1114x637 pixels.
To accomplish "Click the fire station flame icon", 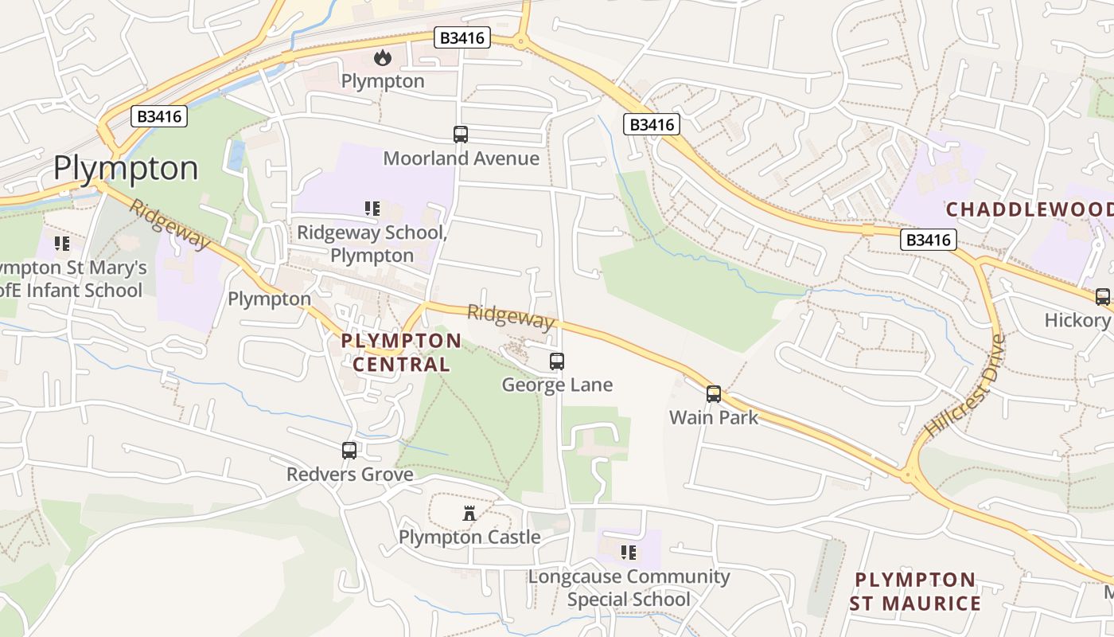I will [383, 57].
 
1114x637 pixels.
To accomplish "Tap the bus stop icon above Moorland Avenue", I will [461, 135].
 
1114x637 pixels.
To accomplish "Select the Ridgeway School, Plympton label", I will [372, 244].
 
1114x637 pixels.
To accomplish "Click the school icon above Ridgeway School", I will [372, 209].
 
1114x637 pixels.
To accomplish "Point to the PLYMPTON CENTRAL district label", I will [401, 353].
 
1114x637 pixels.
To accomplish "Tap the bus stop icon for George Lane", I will [557, 361].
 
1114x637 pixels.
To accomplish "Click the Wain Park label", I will [714, 417].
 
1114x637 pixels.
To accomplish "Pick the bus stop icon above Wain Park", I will [714, 393].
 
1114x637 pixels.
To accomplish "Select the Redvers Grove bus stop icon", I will [349, 451].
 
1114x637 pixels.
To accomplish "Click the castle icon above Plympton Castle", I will [469, 514].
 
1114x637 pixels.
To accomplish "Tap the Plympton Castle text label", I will [469, 537].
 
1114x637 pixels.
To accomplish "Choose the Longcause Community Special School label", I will [629, 588].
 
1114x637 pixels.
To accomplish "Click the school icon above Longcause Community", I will [629, 552].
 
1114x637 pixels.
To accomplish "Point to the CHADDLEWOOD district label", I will [1029, 209].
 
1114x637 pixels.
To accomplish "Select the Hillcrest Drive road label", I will [965, 386].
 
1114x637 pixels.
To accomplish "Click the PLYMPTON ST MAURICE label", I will [915, 592].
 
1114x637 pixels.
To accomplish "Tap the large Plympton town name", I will [126, 169].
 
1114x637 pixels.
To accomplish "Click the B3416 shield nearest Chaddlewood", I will [929, 240].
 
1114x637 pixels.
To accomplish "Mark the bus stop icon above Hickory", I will [1103, 297].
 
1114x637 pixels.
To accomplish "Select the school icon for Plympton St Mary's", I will [62, 243].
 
